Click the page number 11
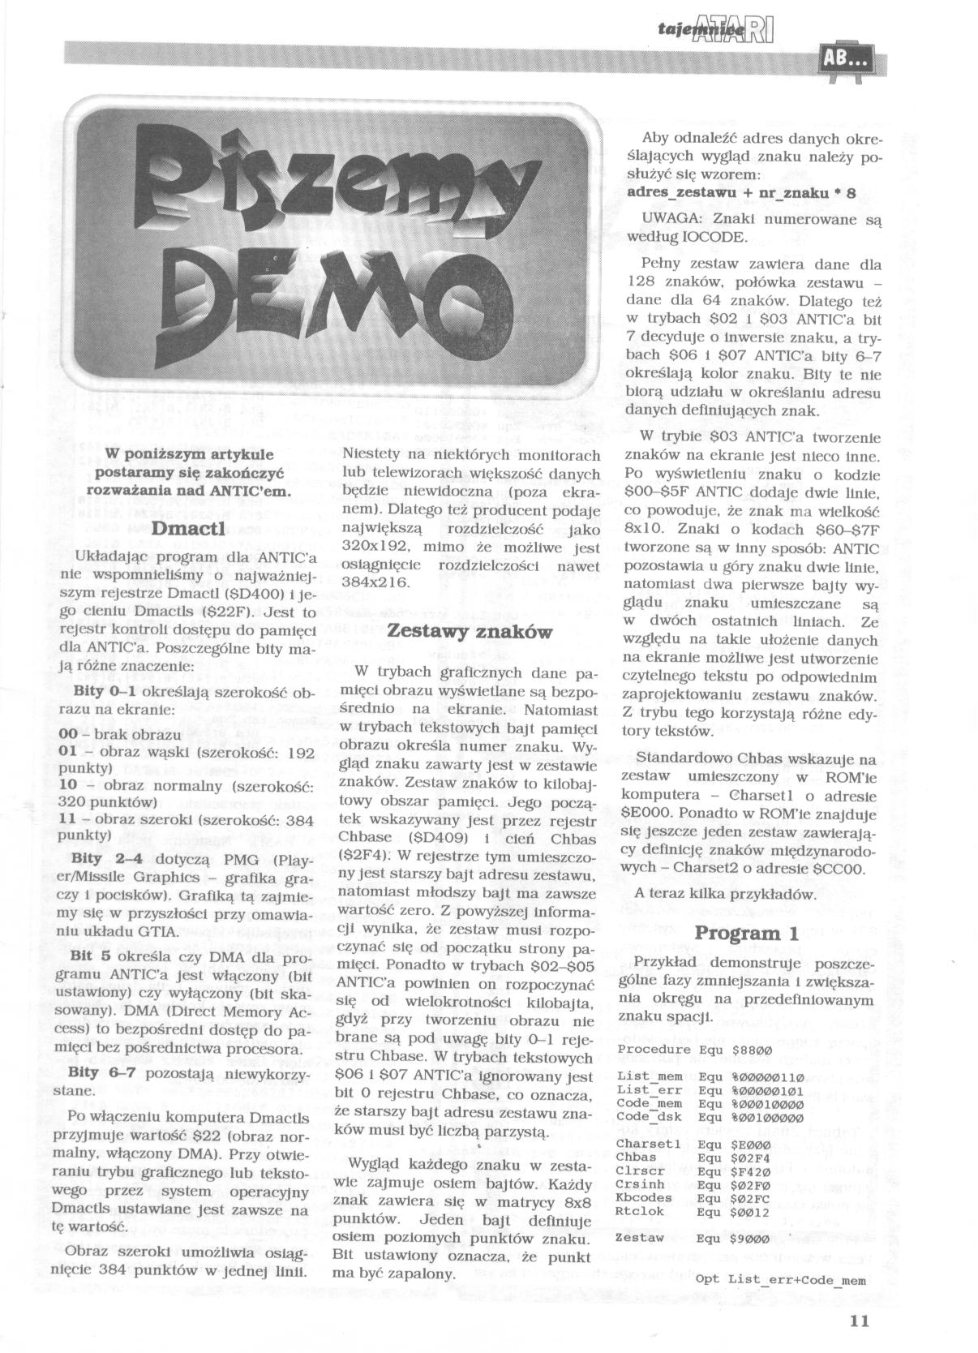tap(860, 1320)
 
